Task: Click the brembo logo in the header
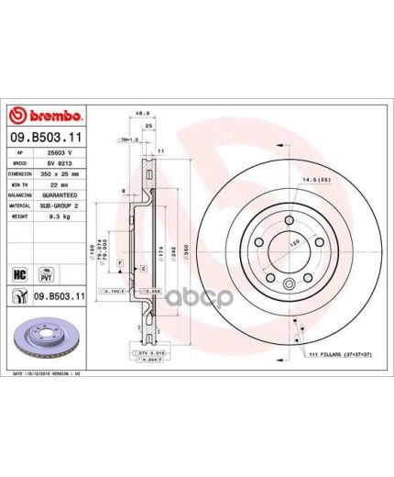click(47, 116)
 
